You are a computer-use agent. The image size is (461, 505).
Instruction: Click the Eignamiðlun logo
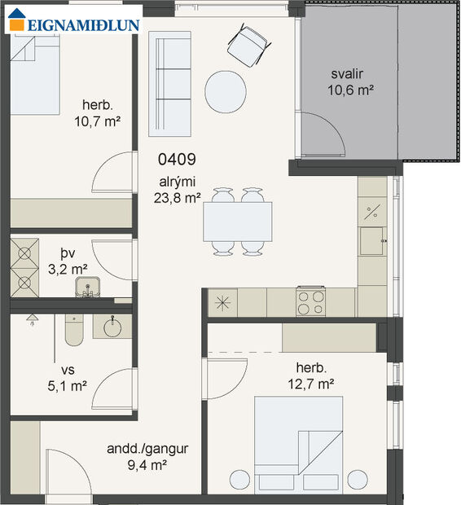tap(73, 24)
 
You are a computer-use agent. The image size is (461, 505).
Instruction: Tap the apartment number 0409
tap(177, 160)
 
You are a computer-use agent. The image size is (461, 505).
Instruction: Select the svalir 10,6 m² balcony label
tap(351, 81)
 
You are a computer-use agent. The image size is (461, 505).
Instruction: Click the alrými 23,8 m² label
tap(177, 189)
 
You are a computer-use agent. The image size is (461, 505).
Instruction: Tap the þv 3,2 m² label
tap(67, 261)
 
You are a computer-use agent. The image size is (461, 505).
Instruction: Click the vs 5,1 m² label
tap(67, 379)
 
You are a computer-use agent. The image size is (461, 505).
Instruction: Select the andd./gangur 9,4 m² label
tap(147, 457)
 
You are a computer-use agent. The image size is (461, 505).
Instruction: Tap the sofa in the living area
tap(169, 84)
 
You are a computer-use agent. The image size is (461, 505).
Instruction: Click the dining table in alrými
tap(237, 220)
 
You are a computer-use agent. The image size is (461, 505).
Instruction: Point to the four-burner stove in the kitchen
tap(310, 302)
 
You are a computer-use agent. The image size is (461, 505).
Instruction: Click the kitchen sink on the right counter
tap(372, 239)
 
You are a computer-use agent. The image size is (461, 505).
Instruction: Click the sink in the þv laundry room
tap(87, 286)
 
